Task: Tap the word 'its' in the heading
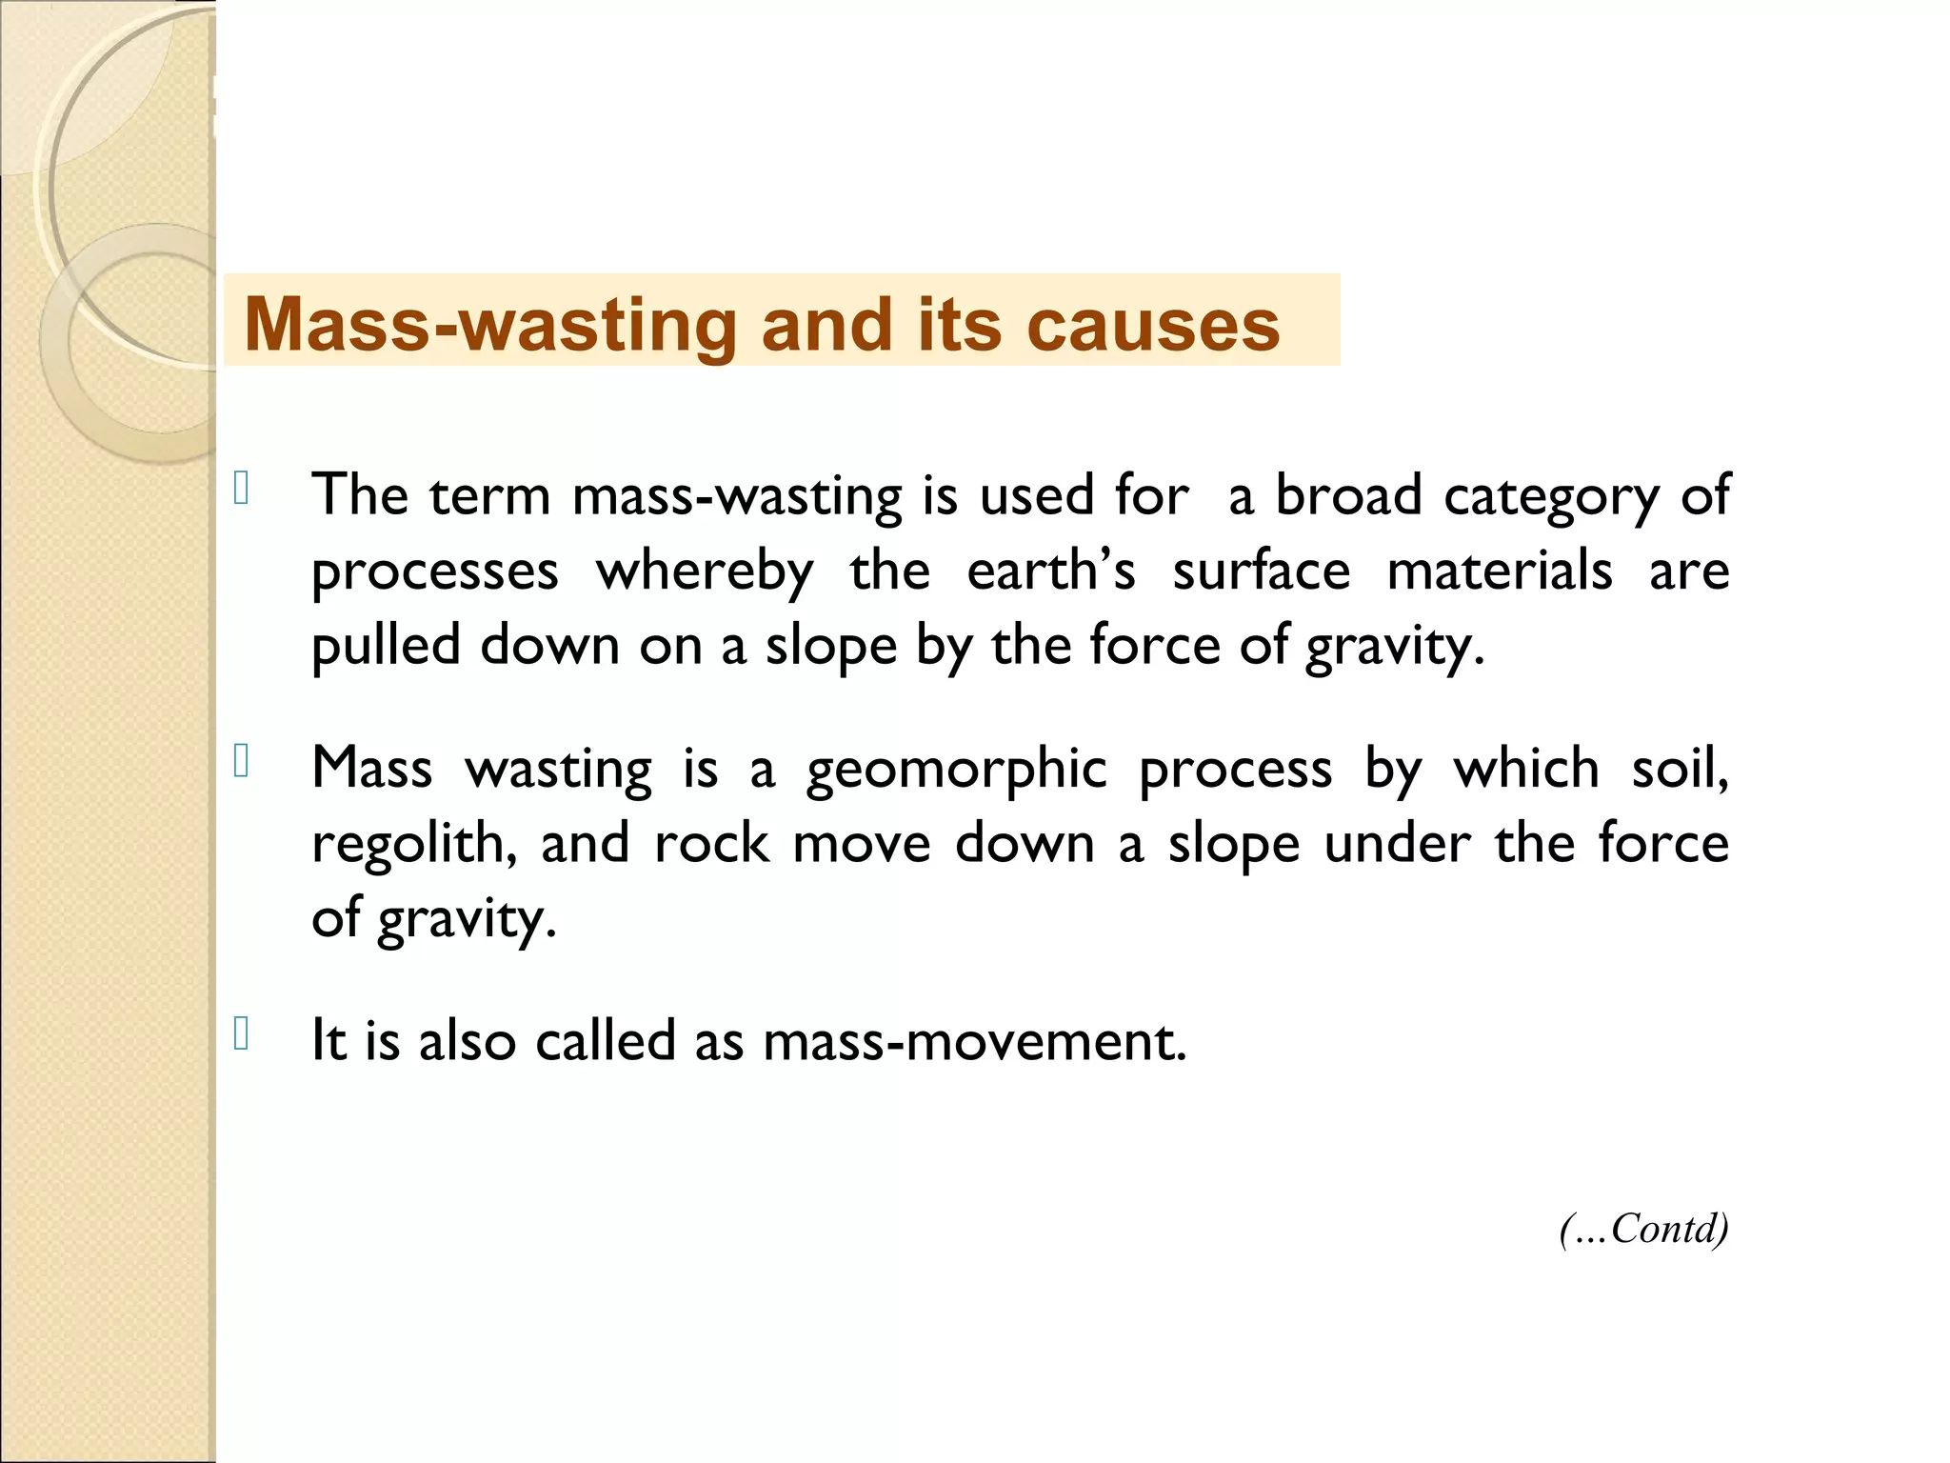click(959, 325)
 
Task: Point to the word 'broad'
click(1347, 496)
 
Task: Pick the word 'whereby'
click(705, 573)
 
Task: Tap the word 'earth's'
click(1051, 571)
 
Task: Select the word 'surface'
click(1261, 571)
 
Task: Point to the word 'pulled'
click(386, 648)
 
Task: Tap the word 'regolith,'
click(414, 845)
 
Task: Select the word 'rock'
click(711, 844)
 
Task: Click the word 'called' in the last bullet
click(606, 1040)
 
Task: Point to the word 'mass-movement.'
click(975, 1042)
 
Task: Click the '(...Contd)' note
click(1643, 1229)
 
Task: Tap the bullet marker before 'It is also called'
click(241, 1034)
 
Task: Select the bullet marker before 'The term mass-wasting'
click(241, 489)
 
